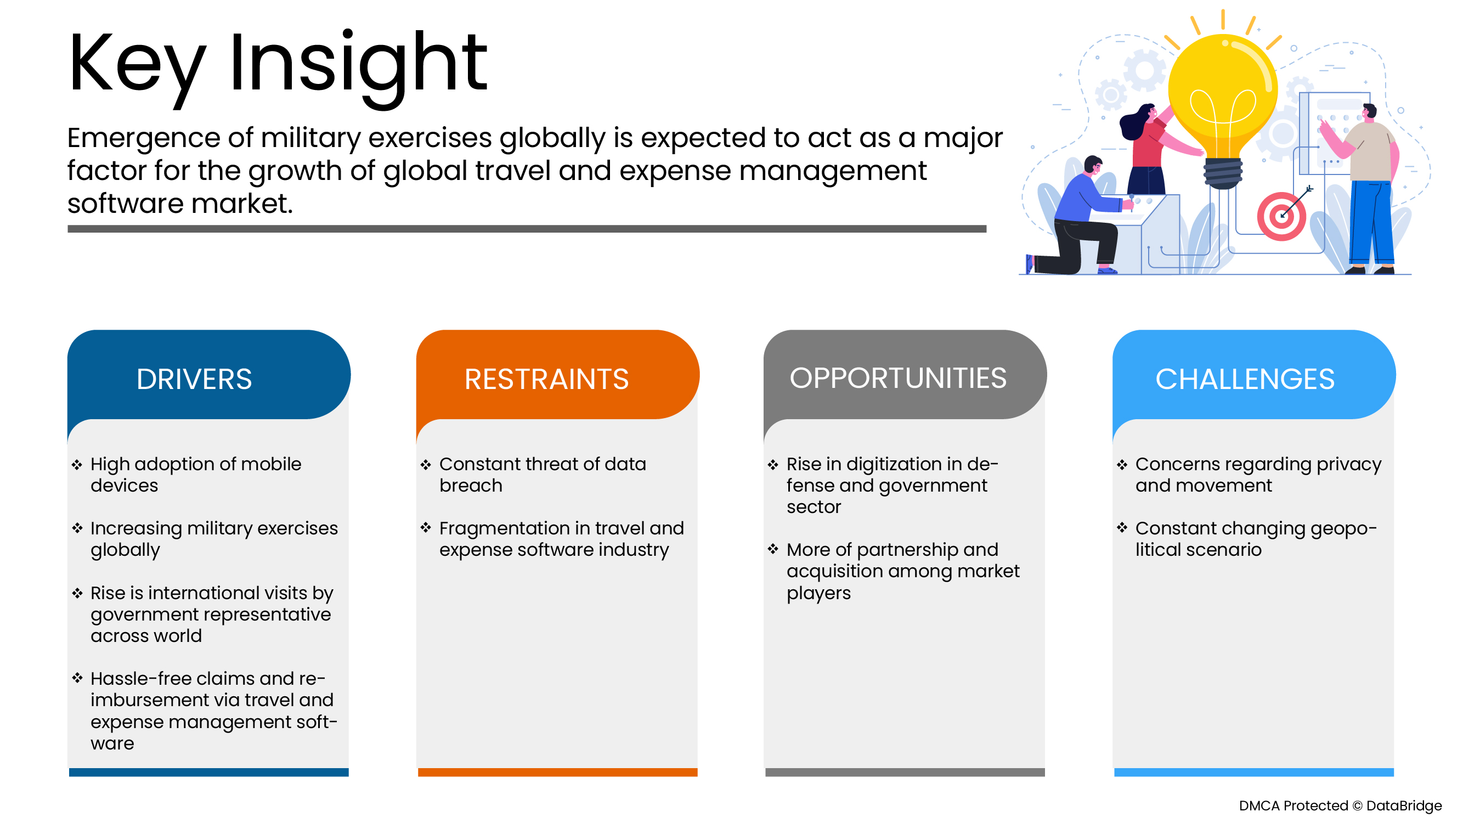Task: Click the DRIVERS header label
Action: point(194,379)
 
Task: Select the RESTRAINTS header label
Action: point(546,379)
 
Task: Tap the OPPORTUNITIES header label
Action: point(898,377)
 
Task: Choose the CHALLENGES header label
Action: point(1245,379)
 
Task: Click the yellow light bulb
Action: point(1223,108)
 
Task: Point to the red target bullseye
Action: point(1281,216)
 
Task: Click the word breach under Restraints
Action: point(471,486)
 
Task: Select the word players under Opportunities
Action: point(818,594)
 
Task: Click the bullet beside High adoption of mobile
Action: point(77,465)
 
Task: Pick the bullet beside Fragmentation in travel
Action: point(426,528)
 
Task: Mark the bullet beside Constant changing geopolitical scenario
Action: point(1122,528)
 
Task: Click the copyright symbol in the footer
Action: point(1357,806)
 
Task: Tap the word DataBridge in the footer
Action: point(1404,806)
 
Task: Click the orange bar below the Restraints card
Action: point(558,773)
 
